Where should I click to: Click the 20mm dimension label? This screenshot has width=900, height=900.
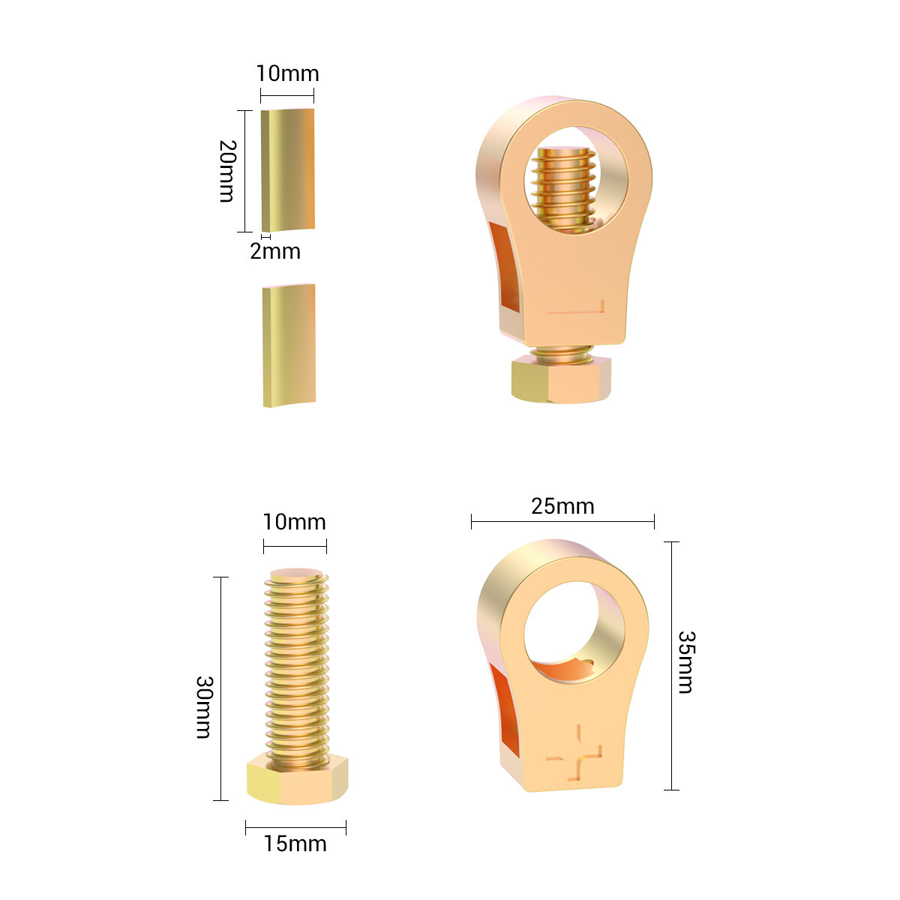[x=227, y=171]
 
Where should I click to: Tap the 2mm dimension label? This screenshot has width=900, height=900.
[x=275, y=251]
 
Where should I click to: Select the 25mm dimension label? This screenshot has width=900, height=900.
[x=562, y=506]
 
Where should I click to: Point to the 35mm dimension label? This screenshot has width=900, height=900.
[x=686, y=662]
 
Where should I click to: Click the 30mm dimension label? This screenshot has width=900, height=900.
[x=204, y=707]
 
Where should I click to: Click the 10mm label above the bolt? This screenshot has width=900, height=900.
[x=294, y=522]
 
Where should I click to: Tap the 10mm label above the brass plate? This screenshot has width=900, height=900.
[x=288, y=73]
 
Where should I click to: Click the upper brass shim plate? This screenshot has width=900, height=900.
[x=288, y=170]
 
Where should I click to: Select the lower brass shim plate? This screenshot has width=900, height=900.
[x=289, y=346]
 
